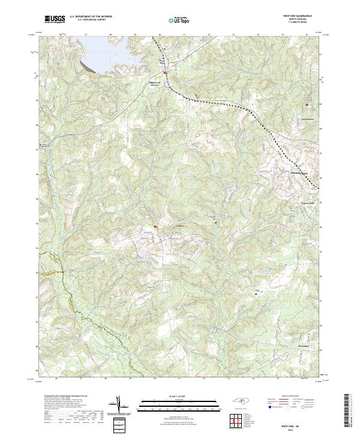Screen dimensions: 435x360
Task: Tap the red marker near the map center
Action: pyautogui.click(x=155, y=226)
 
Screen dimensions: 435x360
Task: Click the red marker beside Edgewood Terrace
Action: pyautogui.click(x=166, y=74)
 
